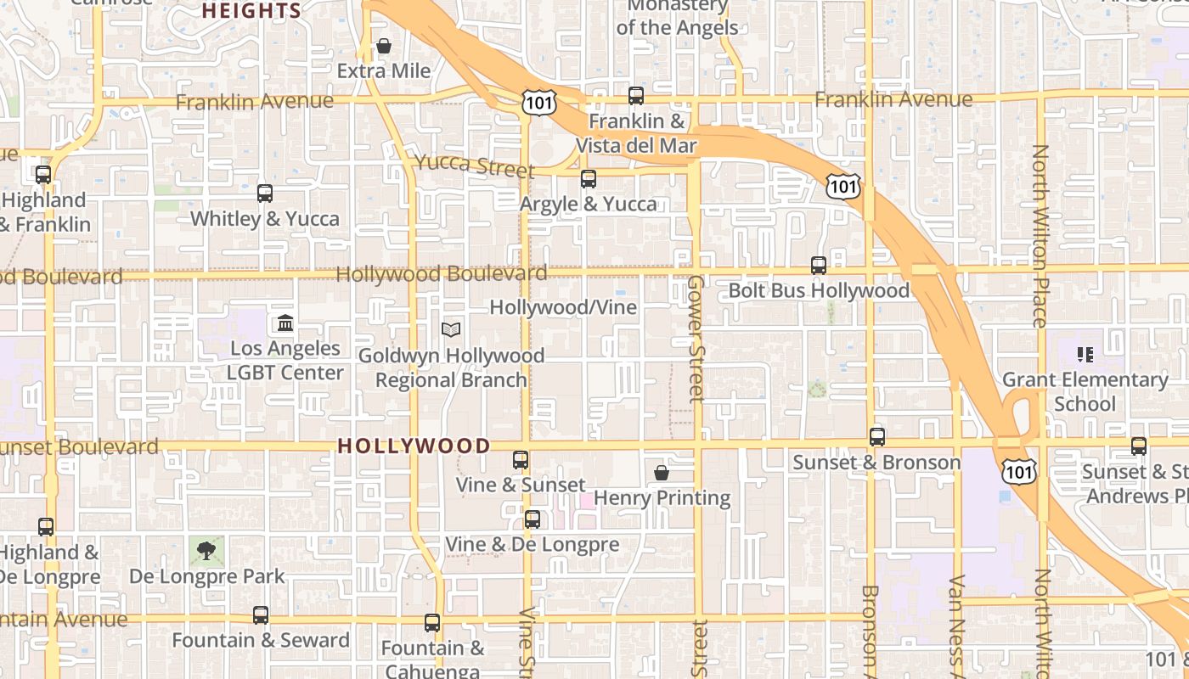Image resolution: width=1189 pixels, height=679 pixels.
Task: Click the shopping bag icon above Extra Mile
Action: (384, 46)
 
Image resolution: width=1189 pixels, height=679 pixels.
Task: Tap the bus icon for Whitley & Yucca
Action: (265, 194)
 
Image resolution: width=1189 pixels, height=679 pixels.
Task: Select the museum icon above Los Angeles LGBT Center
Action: (285, 323)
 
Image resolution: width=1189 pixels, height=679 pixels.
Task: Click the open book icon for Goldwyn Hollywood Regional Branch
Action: (451, 329)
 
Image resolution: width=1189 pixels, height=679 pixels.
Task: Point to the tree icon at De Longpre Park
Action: (206, 551)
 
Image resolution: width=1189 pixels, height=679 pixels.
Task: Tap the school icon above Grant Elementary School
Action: (1085, 354)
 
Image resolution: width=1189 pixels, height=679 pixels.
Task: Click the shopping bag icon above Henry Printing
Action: (662, 473)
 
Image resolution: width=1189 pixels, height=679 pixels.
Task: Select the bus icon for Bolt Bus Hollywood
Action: (819, 266)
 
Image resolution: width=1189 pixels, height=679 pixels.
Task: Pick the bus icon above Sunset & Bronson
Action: (877, 437)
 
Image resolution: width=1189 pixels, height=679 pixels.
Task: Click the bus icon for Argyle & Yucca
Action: (589, 179)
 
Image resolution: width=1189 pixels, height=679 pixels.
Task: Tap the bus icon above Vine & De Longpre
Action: (533, 519)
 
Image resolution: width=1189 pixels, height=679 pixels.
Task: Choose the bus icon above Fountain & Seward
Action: (261, 615)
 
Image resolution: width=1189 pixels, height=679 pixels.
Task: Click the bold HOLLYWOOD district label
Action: (414, 446)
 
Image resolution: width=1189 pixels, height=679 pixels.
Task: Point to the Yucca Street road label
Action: (474, 165)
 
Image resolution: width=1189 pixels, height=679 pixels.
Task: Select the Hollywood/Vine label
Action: (563, 307)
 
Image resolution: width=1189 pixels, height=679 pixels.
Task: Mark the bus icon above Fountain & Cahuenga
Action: (432, 623)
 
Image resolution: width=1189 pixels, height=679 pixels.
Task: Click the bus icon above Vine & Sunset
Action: (521, 460)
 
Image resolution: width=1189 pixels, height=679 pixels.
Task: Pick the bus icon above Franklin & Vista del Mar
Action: (636, 96)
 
